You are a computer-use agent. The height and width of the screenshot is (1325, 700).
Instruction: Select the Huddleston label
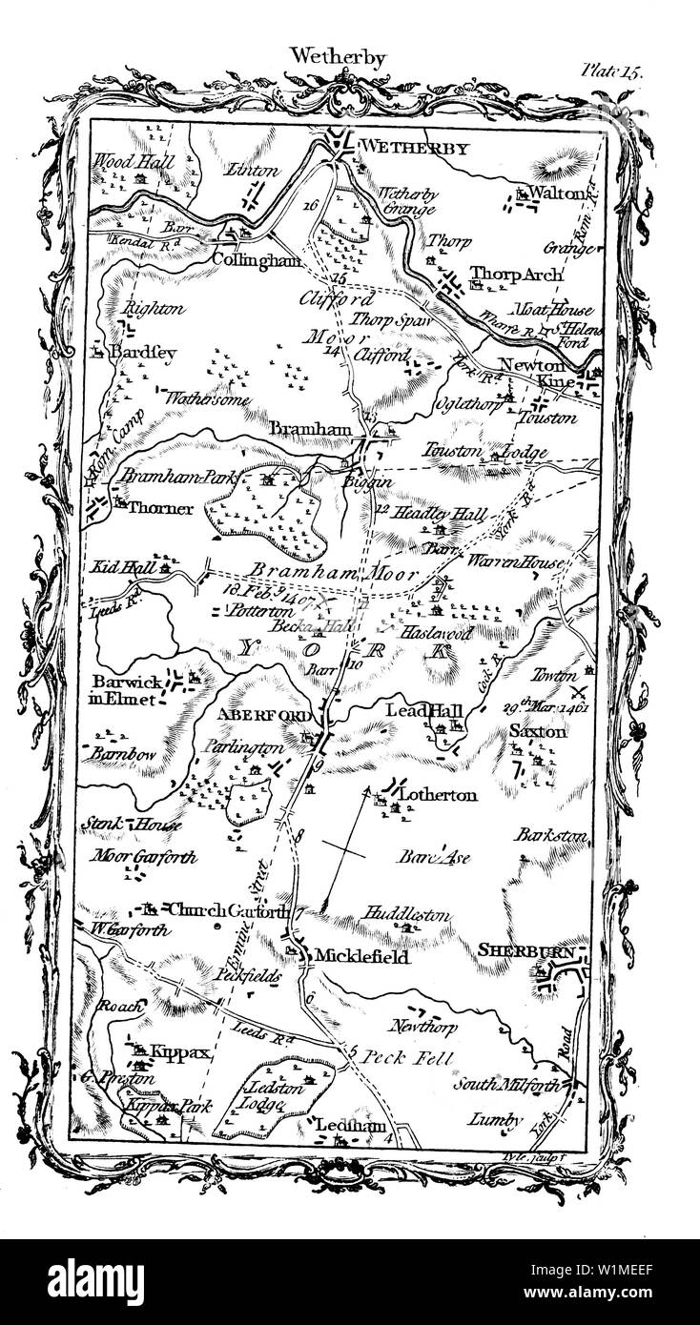(x=406, y=913)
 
